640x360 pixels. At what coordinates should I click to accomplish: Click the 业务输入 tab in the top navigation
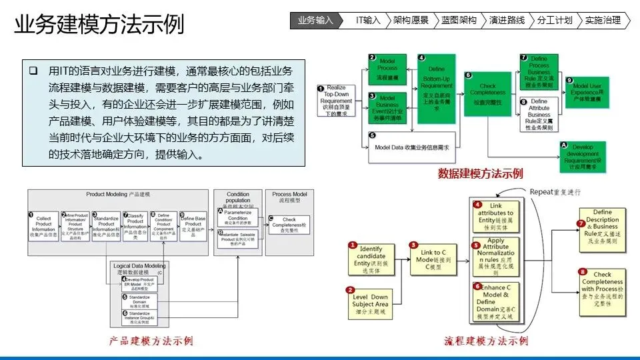coord(315,20)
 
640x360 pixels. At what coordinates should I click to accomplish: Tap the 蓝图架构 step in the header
coord(459,20)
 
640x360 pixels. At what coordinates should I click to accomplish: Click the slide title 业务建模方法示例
coord(99,25)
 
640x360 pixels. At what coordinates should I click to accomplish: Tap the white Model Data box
coord(410,147)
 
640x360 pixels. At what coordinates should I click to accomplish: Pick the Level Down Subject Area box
coord(369,301)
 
